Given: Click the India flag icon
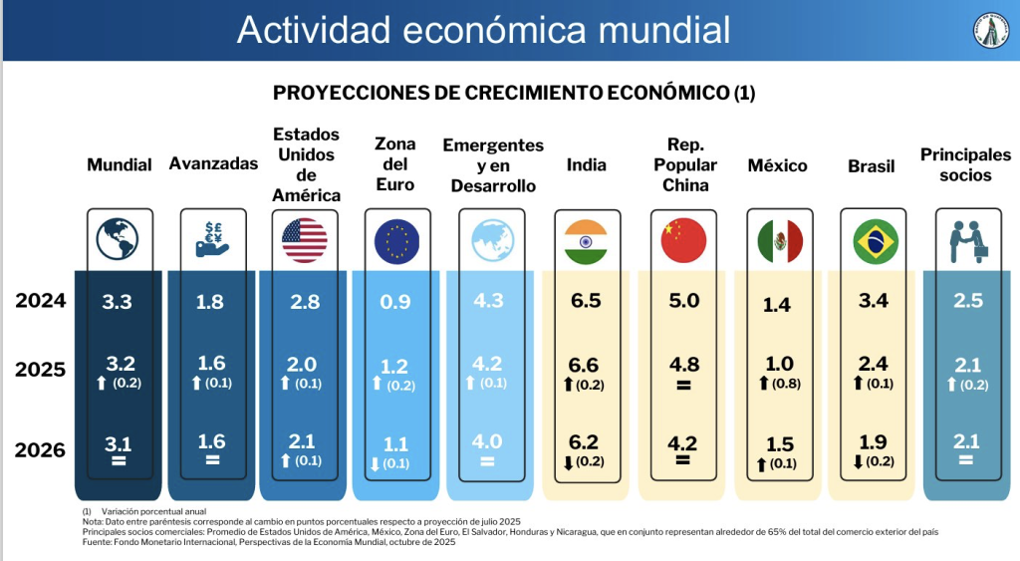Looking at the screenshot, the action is (586, 241).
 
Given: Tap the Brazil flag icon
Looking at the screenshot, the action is (876, 241).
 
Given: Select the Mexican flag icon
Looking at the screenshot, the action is (780, 241).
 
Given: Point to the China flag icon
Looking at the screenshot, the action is (683, 240).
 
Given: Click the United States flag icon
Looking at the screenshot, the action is (305, 240).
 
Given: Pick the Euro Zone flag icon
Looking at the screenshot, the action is (396, 241).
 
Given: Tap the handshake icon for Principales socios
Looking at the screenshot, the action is (968, 241).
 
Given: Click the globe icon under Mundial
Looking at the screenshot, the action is (118, 239).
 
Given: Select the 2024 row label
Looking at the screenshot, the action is (40, 301).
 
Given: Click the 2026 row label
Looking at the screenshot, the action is (40, 449).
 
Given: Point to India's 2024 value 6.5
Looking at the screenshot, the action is (586, 301).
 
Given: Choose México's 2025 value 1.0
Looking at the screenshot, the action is (779, 364).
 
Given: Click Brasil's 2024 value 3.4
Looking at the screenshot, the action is (873, 301).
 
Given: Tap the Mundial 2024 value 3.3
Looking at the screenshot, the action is (118, 302).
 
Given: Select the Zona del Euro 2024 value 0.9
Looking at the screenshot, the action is (395, 302).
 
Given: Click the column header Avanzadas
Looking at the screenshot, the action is (213, 163).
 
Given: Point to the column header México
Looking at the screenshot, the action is (777, 166).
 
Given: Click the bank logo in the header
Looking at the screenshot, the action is (991, 30).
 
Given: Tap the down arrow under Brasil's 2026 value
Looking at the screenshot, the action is (858, 462).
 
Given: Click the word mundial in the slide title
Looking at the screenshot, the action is (664, 30).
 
